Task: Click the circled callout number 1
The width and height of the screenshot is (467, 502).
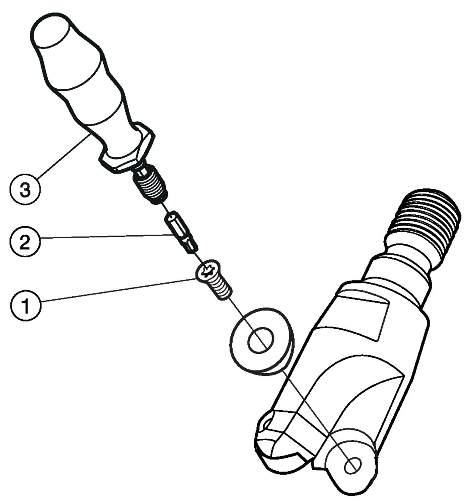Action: pos(25,306)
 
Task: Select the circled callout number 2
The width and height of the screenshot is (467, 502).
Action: pos(25,242)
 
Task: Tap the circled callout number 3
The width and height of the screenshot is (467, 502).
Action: pos(25,189)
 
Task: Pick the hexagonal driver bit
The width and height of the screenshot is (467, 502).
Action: pos(181,233)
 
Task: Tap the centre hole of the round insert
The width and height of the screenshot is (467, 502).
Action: pos(261,340)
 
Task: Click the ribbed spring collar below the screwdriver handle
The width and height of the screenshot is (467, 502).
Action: pos(150,184)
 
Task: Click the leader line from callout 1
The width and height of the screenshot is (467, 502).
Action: pos(119,290)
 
